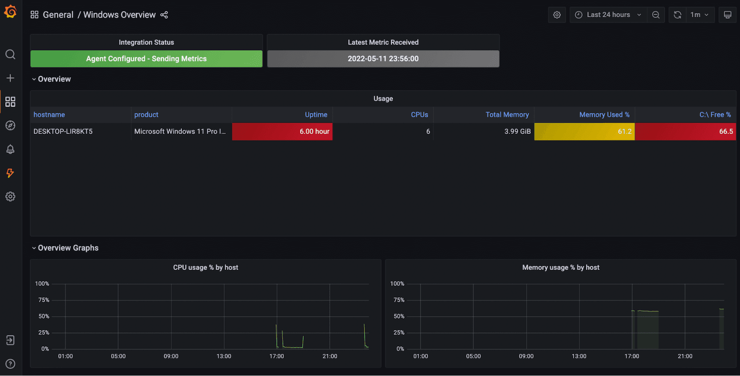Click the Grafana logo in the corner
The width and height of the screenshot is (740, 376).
point(10,12)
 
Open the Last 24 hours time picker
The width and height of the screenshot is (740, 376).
point(608,15)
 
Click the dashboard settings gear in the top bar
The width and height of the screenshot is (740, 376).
point(557,15)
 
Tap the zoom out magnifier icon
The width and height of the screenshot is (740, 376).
point(656,15)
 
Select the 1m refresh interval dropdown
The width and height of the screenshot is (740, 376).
point(699,15)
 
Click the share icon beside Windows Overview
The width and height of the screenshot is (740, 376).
point(164,15)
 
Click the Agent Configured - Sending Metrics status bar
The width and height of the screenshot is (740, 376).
point(146,58)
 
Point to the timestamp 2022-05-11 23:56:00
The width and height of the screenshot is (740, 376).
point(383,58)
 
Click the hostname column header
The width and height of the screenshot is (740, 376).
point(49,114)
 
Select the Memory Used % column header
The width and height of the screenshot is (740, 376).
point(604,114)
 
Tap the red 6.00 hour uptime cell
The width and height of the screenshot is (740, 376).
point(282,132)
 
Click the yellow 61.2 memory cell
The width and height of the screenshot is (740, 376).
point(585,132)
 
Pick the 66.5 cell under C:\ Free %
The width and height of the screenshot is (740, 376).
point(685,132)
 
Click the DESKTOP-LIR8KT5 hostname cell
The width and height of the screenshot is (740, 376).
point(63,132)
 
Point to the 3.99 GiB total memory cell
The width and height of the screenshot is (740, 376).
point(518,132)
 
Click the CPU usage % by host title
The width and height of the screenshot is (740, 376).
point(205,267)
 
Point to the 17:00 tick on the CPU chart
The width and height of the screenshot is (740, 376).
point(277,356)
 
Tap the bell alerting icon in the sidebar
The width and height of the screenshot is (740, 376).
point(10,149)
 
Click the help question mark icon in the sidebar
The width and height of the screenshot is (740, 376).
point(10,364)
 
